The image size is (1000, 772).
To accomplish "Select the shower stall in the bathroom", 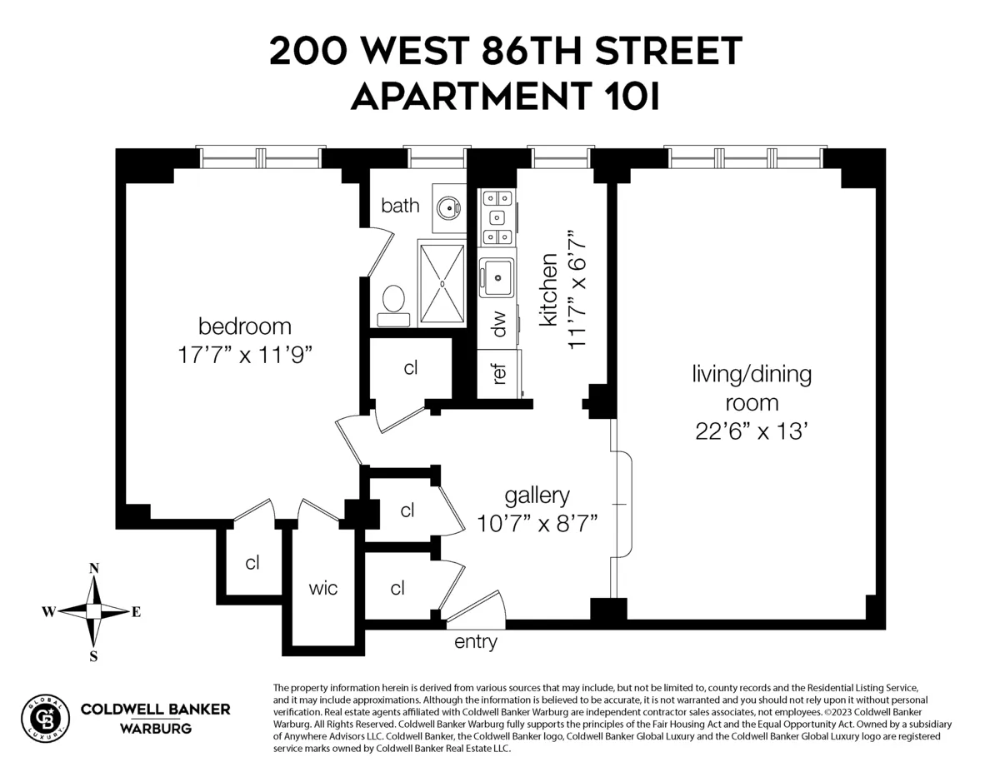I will coord(441,282).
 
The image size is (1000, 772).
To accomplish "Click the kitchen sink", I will coord(497,276).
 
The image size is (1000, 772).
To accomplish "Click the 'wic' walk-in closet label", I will coord(323,589).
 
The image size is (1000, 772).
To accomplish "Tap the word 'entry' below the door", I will coord(475,642).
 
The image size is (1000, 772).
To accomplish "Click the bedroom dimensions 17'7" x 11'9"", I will coord(244,354).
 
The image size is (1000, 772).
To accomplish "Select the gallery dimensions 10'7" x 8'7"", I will coord(536,523).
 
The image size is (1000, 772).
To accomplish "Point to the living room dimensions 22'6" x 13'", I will coord(751,431).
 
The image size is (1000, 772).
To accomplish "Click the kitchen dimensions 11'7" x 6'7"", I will coord(579,289).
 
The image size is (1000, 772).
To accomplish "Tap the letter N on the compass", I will coord(94,569).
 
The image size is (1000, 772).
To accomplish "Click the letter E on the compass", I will coord(136,612).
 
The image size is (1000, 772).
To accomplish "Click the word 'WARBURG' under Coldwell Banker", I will coord(155,729).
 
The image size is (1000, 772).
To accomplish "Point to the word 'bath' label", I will coord(400,205).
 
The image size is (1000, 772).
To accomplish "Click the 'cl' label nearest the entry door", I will coord(397,588).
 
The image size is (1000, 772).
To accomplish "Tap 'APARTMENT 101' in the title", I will coord(505,97).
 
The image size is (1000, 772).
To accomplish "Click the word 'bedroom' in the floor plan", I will coord(244,326).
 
